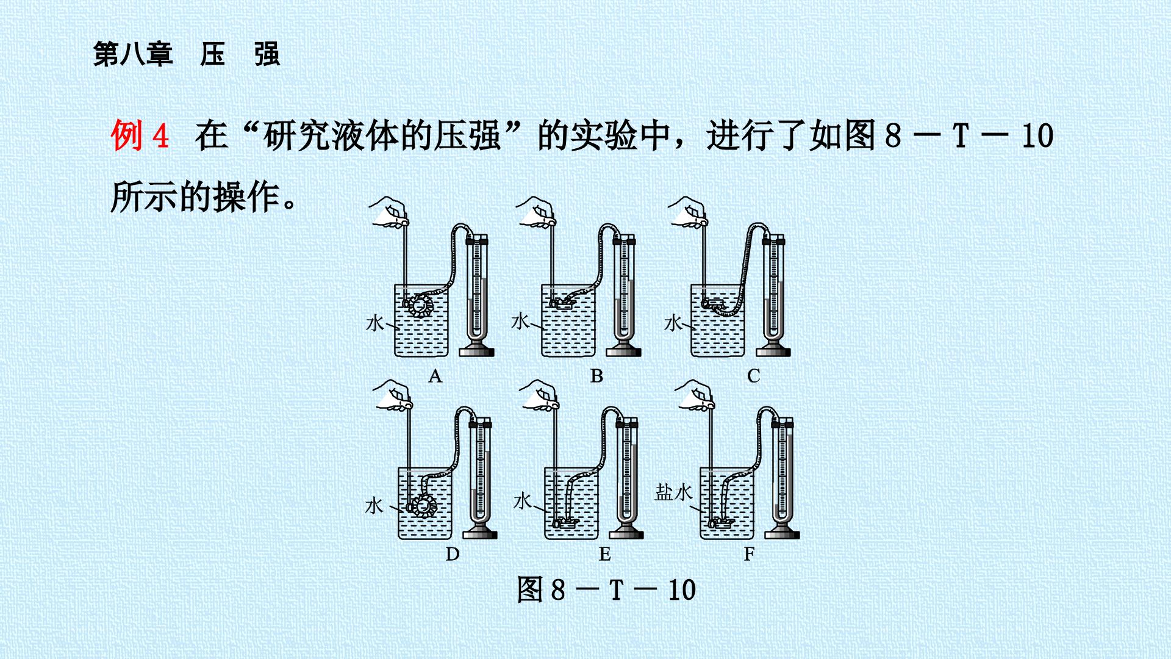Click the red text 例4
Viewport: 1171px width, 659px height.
click(140, 135)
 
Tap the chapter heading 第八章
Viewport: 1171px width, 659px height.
click(133, 54)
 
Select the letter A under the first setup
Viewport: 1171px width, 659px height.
click(435, 375)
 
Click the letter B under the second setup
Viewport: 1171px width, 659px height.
click(596, 375)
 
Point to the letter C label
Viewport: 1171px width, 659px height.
click(754, 375)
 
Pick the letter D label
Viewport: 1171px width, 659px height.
click(452, 553)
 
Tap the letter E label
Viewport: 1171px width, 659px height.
click(604, 553)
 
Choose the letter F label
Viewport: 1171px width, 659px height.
click(749, 553)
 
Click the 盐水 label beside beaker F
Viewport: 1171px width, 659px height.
click(673, 492)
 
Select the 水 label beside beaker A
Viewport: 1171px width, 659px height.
click(374, 322)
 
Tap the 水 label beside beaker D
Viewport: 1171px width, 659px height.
click(374, 505)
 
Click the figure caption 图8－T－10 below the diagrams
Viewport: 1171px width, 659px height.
click(606, 589)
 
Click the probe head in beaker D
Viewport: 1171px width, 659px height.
click(420, 505)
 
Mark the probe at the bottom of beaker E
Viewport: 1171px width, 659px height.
click(565, 522)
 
